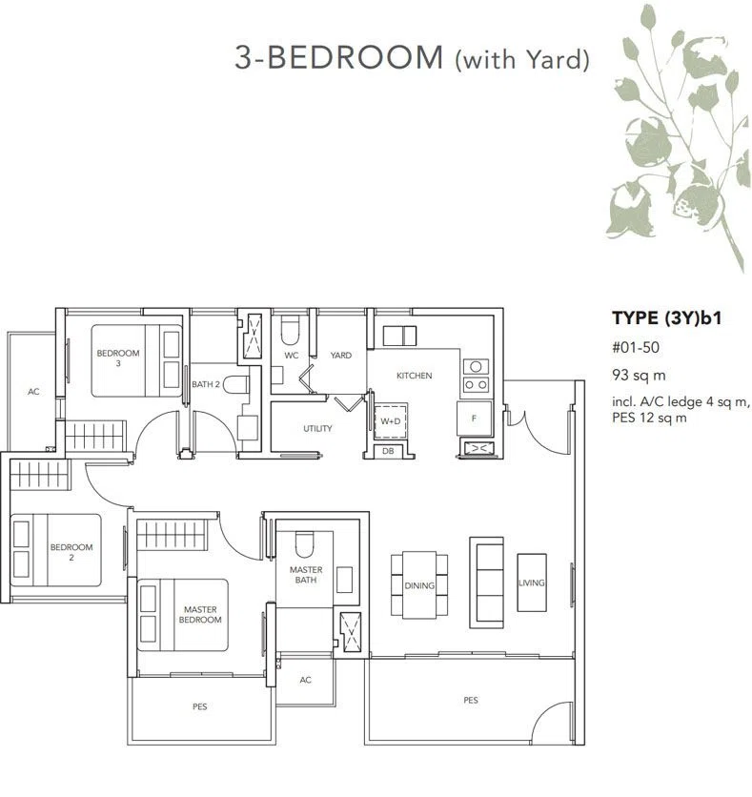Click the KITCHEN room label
(414, 376)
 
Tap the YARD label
(341, 356)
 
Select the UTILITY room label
(317, 428)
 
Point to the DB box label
(388, 451)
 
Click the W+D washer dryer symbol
(390, 420)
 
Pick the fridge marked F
(474, 419)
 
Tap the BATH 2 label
(206, 384)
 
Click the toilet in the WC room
(290, 331)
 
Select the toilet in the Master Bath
(305, 544)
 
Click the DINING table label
(419, 585)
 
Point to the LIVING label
(532, 583)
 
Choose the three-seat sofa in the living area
(487, 582)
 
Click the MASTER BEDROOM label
(200, 615)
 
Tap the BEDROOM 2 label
(71, 552)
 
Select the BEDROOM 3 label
(118, 358)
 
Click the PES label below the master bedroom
(200, 706)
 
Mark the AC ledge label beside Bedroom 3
(33, 392)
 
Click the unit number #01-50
(636, 348)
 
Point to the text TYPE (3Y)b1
(666, 318)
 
